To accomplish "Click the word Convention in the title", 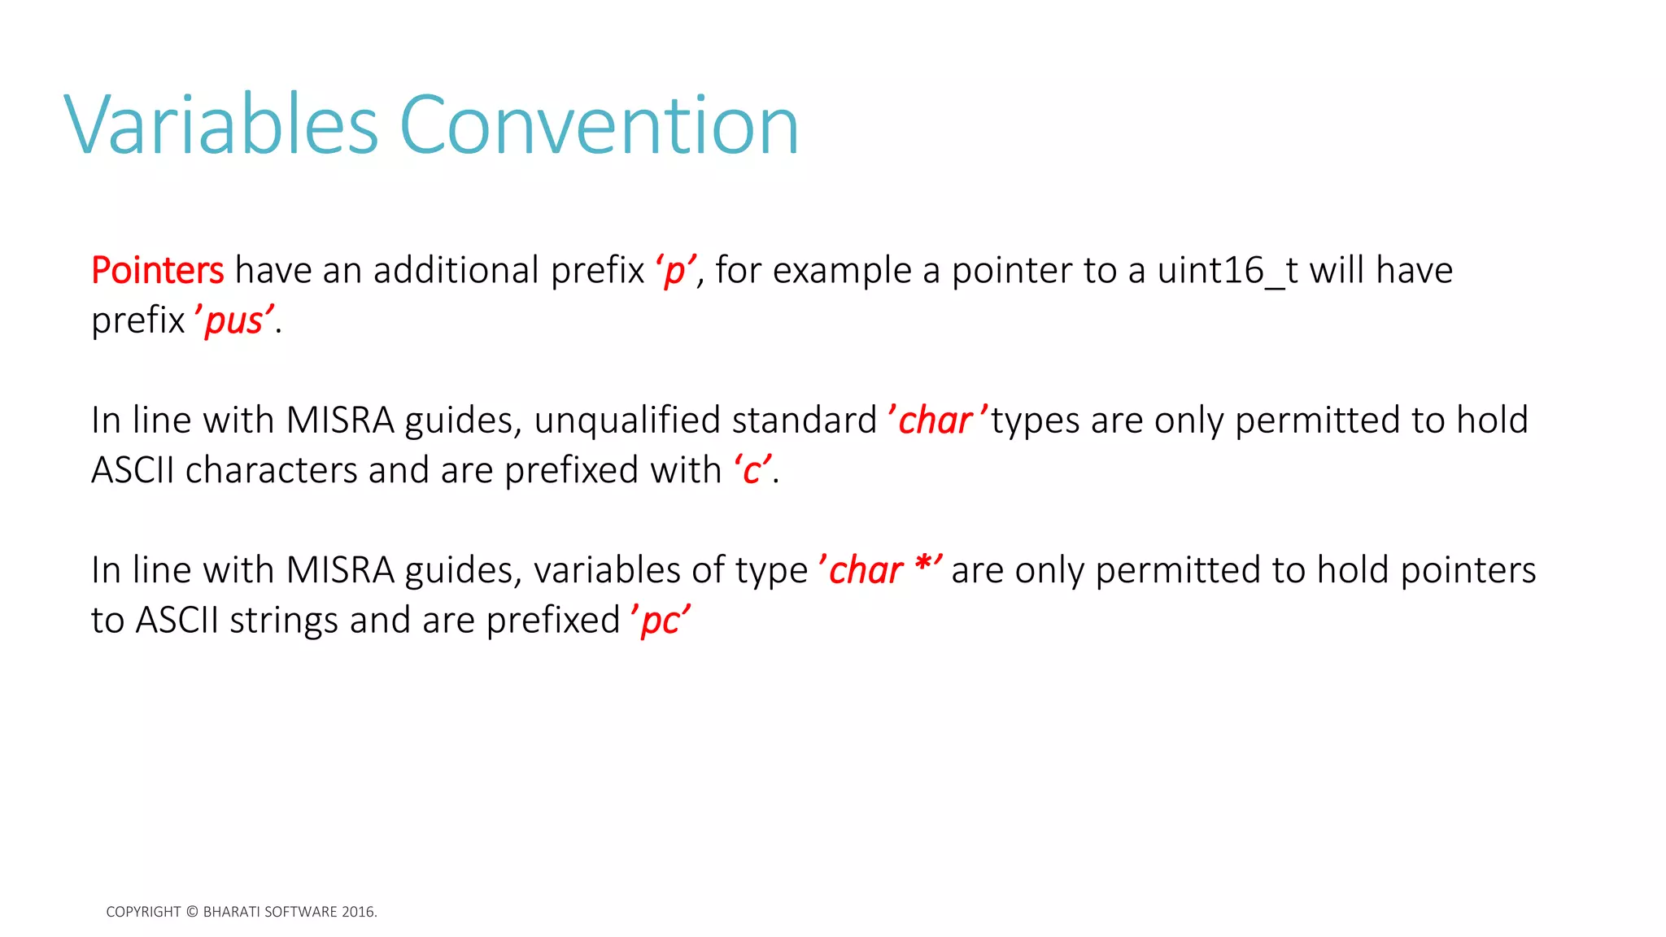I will tap(599, 125).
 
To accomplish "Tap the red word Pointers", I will tap(157, 271).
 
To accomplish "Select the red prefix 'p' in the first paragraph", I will tap(675, 271).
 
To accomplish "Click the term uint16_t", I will tap(1228, 271).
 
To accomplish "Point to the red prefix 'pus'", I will tap(234, 321).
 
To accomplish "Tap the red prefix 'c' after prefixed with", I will tap(752, 471).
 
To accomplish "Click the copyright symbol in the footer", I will tap(192, 912).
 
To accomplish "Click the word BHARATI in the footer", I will tap(232, 912).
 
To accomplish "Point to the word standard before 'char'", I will tap(804, 421).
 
